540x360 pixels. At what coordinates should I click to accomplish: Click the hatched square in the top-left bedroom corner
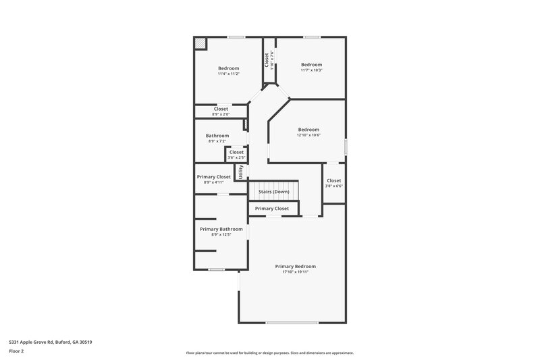200,43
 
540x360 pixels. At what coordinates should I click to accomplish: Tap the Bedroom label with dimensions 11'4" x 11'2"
228,68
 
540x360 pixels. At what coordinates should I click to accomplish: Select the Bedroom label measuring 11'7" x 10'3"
311,65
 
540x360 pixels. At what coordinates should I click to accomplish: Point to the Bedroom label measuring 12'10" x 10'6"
308,130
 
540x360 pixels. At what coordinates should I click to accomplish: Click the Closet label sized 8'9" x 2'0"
221,109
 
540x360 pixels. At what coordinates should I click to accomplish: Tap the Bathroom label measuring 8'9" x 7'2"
217,136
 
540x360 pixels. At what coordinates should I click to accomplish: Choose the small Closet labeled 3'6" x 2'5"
236,153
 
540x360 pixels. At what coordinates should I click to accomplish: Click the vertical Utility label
241,172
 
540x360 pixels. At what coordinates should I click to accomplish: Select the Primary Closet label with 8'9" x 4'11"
214,177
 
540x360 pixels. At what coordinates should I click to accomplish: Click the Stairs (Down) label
273,192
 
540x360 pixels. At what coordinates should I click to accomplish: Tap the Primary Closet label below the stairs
271,209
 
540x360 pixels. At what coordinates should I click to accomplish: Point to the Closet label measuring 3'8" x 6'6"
333,181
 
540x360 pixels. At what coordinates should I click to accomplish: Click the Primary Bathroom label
221,229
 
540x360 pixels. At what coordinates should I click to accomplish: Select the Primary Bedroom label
295,266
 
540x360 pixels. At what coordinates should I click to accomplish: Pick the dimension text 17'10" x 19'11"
295,272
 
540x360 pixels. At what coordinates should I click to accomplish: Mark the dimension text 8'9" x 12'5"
221,235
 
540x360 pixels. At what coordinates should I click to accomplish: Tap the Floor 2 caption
17,351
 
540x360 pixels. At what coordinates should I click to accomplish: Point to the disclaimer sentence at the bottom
269,353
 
